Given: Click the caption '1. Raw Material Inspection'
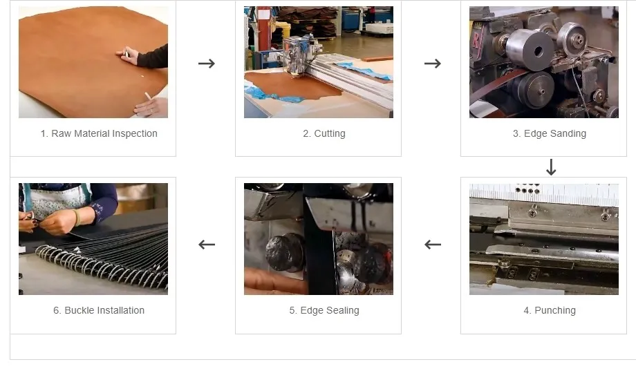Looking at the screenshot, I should (x=99, y=133).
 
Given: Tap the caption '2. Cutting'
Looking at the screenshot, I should (x=324, y=133).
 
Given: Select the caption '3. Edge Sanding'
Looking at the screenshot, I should (x=549, y=133).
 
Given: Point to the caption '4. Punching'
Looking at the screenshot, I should (x=550, y=310).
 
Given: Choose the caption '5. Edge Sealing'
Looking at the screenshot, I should (x=324, y=310).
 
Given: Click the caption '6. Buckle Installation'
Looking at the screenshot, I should (x=99, y=310).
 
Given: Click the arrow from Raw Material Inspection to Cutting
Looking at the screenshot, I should (x=206, y=64).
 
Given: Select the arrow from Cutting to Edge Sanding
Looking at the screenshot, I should (x=432, y=64).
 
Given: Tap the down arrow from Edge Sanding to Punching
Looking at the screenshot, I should (x=551, y=167).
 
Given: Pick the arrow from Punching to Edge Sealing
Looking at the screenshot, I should (x=432, y=244).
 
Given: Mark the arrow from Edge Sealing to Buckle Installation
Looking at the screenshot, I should (x=206, y=244).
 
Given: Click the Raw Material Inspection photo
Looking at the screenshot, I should (x=93, y=62).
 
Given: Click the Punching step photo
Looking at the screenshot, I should (x=543, y=239).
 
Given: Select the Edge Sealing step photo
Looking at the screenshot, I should (x=318, y=239).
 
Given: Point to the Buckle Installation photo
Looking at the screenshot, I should (x=93, y=239).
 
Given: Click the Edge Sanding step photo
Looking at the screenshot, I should (x=543, y=62).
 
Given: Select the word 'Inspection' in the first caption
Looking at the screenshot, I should (x=134, y=133).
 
